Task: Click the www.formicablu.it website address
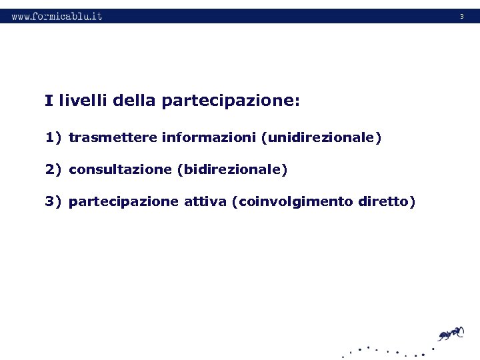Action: (x=57, y=16)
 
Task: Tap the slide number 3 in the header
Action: (x=461, y=16)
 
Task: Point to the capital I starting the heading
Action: (x=49, y=101)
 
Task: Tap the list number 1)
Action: (x=53, y=138)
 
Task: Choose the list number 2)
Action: (x=53, y=170)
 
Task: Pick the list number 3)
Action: (x=53, y=201)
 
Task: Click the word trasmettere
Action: (x=113, y=138)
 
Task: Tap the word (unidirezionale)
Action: (x=321, y=138)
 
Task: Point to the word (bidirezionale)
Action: (x=232, y=170)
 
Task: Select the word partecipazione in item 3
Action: (x=123, y=201)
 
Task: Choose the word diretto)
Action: (x=387, y=201)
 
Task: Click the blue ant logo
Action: (x=450, y=333)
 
